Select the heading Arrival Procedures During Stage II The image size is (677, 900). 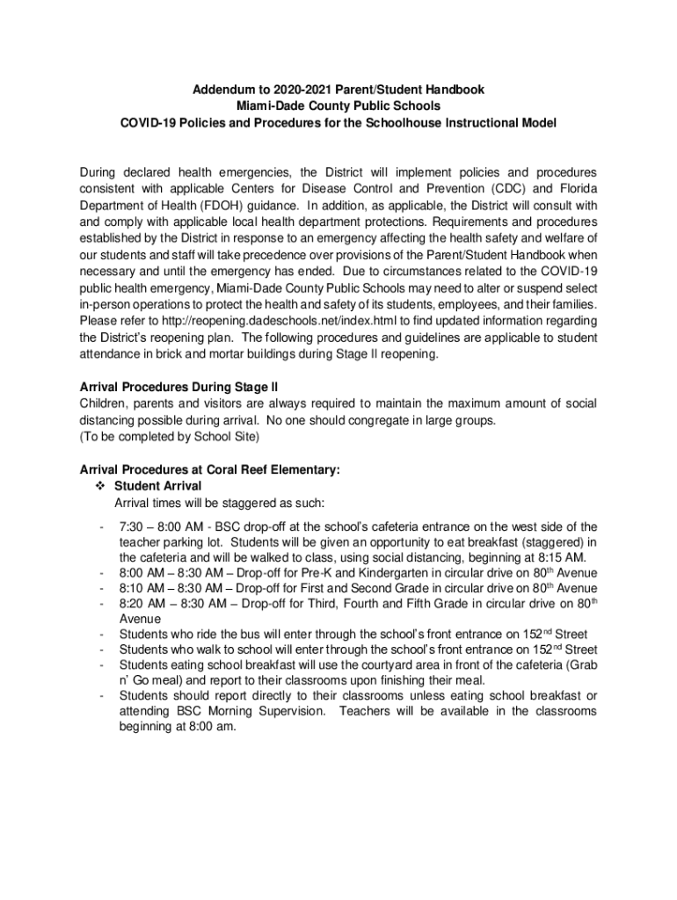click(x=179, y=388)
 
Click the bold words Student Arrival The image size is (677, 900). click(x=158, y=486)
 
